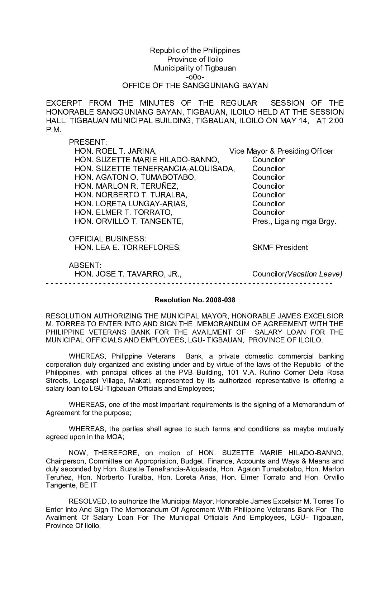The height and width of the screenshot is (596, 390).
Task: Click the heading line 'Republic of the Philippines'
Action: coord(195,51)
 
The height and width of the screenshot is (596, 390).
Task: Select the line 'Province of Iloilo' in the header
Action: coord(195,59)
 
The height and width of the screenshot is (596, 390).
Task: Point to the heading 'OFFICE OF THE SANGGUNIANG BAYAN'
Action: coord(195,86)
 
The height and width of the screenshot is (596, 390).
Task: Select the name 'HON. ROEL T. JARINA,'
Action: coord(115,151)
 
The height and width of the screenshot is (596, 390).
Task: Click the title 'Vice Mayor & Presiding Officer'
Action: coord(281,151)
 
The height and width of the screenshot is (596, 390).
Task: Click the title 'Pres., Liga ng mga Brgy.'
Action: coord(294,221)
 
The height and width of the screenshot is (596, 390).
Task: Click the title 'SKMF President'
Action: coord(280,247)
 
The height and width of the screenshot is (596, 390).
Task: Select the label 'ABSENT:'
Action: coord(85,265)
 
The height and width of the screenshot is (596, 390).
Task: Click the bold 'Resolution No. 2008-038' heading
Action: coord(195,300)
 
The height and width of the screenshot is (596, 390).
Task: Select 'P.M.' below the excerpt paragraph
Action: coord(54,129)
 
